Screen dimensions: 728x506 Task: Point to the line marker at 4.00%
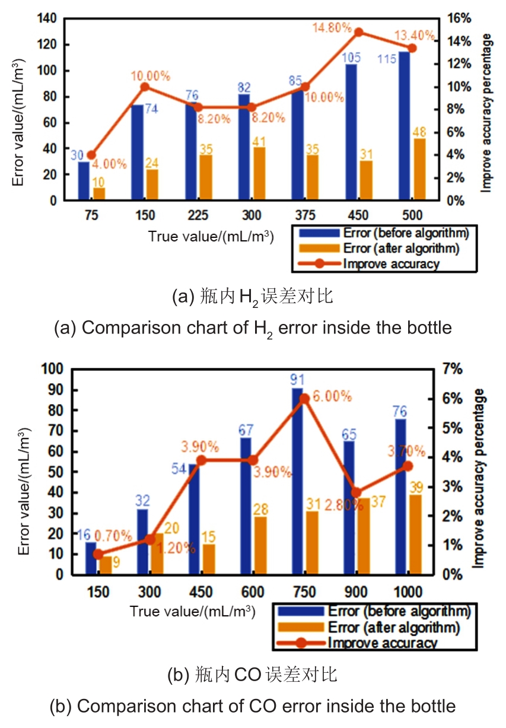pos(91,155)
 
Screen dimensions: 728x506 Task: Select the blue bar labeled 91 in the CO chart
pos(297,481)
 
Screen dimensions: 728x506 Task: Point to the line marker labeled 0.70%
pos(99,554)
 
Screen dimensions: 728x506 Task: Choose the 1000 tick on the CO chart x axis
pos(408,592)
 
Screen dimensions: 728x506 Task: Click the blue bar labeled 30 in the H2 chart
pos(84,181)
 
